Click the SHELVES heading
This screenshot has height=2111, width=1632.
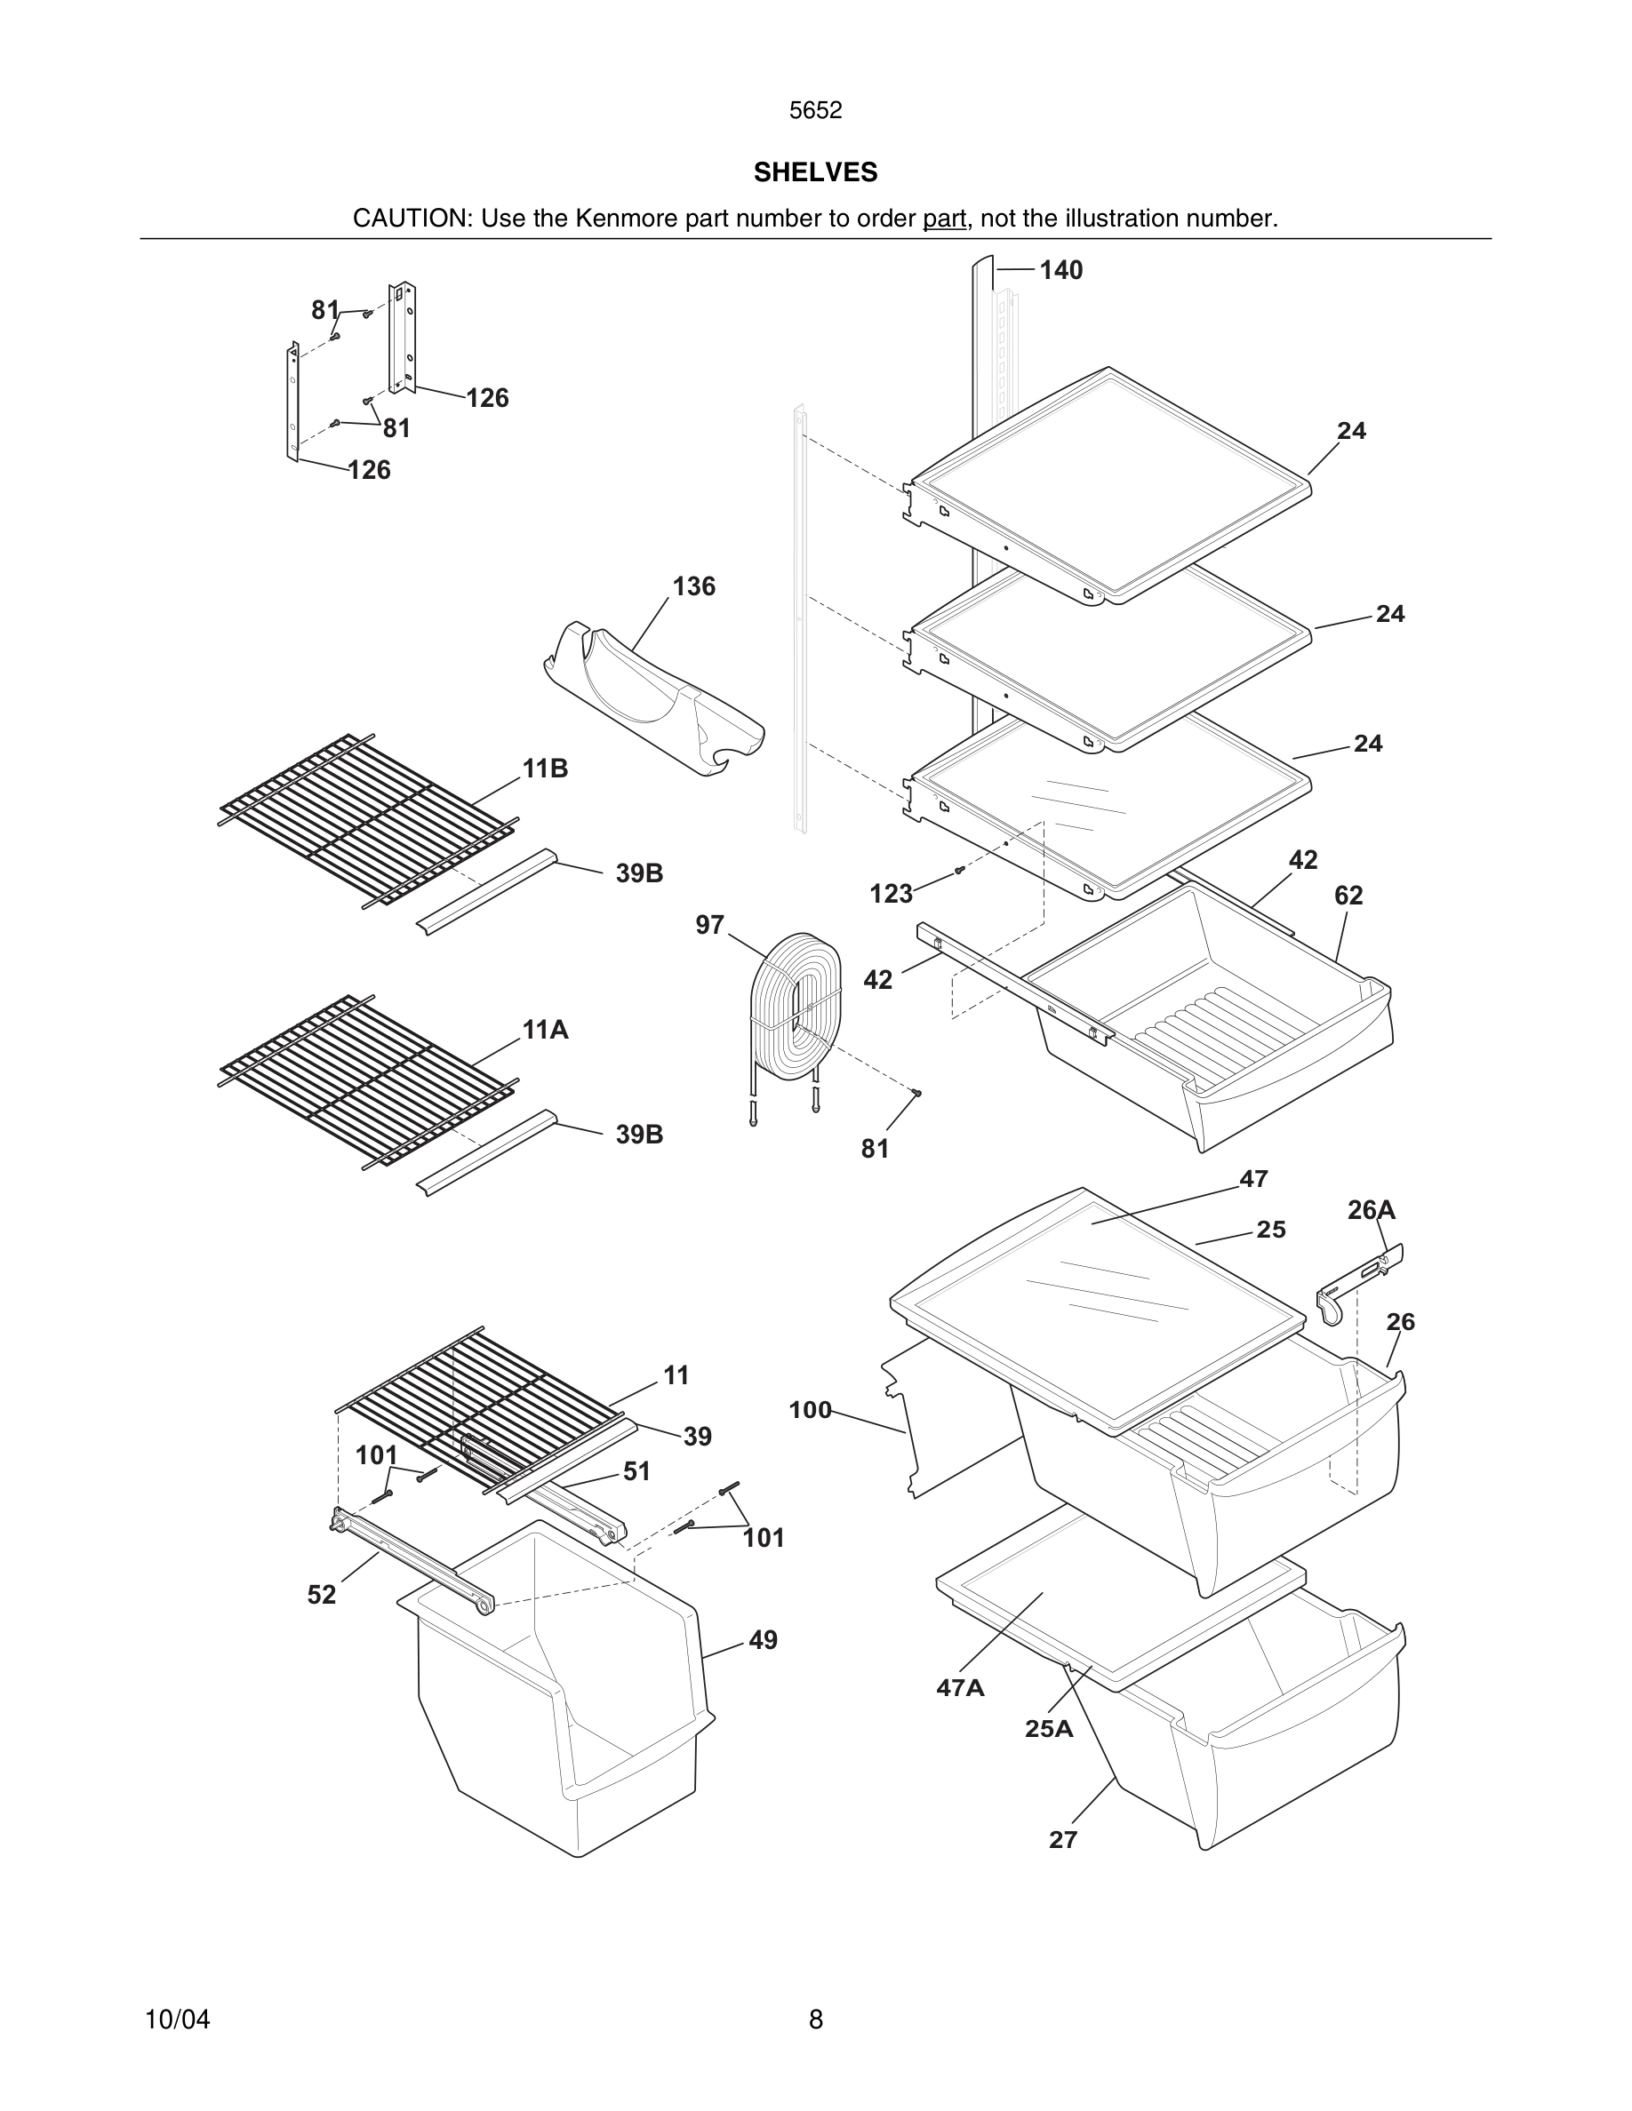coord(815,172)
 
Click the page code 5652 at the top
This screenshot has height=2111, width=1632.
coord(815,110)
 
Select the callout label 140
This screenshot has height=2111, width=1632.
coord(1060,271)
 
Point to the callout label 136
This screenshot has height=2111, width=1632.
coord(693,586)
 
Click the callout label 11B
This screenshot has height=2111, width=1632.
coord(545,769)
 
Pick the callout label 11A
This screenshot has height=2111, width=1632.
coord(545,1031)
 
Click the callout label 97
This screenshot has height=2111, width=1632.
coord(709,925)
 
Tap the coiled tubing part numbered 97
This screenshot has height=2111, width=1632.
coord(796,1005)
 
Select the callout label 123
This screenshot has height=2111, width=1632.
coord(891,894)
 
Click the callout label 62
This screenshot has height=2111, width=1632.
coord(1348,896)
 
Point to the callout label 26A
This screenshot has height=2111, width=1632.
coord(1371,1210)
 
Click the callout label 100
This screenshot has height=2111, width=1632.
coord(809,1410)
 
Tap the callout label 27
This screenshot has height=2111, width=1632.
coord(1062,1840)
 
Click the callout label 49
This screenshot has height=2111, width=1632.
coord(762,1640)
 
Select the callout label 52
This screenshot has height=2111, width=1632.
coord(322,1595)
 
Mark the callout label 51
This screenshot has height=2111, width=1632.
coord(636,1471)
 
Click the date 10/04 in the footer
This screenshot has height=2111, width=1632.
coord(177,2019)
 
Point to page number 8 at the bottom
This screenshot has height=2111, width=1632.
coord(815,2019)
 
